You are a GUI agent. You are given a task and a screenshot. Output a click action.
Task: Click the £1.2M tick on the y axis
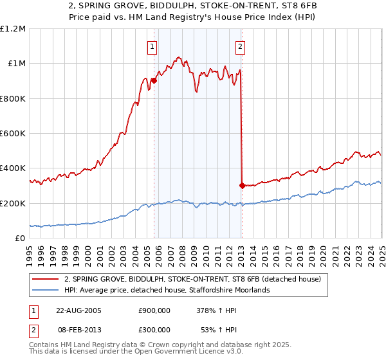point(13,29)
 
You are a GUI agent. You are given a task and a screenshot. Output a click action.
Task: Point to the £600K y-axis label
point(13,134)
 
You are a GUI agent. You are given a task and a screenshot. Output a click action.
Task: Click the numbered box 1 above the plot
point(152,46)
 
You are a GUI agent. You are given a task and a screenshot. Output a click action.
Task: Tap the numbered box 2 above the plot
point(240,46)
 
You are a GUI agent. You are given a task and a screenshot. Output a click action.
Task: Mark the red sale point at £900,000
point(154,81)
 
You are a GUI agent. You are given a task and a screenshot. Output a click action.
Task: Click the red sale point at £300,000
point(242,186)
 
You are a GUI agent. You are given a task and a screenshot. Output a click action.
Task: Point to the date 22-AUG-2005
point(78,309)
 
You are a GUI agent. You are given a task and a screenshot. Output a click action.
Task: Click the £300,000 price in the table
point(154,328)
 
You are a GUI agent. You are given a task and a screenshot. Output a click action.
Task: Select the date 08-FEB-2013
point(78,328)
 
